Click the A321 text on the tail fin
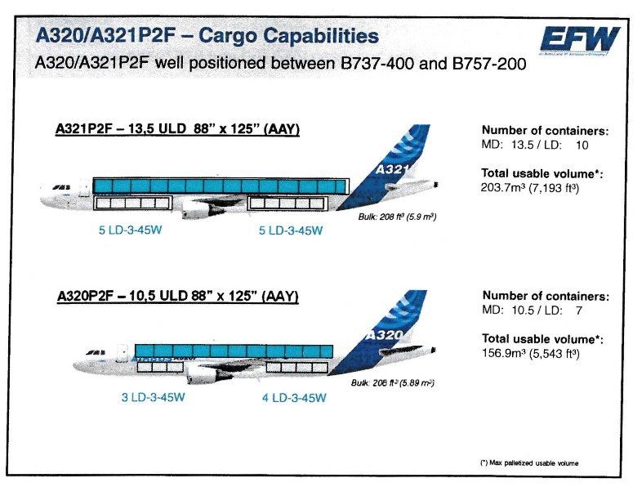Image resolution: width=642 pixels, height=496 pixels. [390, 170]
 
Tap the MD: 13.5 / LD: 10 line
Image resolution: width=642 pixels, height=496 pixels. [534, 145]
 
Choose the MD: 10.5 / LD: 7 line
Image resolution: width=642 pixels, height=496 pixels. [532, 311]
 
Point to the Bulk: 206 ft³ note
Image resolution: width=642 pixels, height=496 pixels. [392, 382]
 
